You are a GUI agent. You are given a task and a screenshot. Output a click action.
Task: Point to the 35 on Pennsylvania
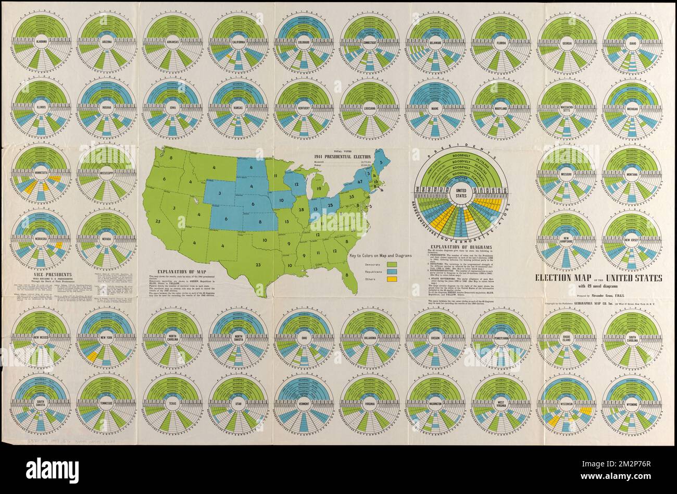click(x=352, y=196)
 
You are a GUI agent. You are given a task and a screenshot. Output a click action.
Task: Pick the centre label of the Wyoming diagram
click(x=631, y=404)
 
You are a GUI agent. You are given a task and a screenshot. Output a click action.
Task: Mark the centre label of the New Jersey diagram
click(x=631, y=238)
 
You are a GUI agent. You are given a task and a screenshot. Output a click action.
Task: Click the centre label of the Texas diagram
click(x=172, y=404)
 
